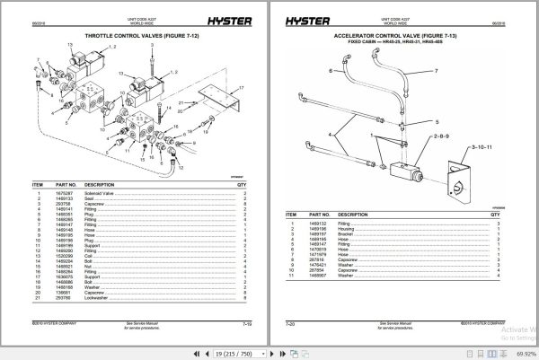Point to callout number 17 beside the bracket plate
[x=242, y=87]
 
